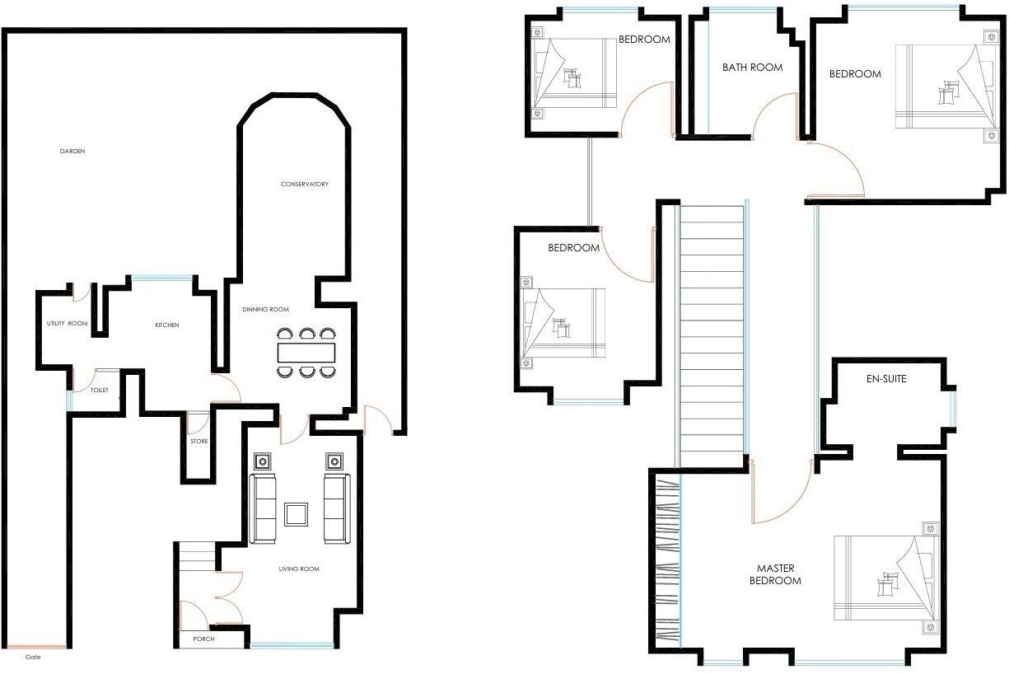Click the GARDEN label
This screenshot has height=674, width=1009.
72,152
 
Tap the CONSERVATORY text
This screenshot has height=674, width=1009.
305,184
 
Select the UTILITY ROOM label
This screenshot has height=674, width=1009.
68,324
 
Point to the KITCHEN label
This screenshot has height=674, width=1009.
167,325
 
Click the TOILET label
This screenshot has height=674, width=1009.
100,390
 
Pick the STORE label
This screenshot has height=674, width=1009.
199,442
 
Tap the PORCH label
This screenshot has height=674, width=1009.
203,639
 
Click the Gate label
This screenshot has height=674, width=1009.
33,657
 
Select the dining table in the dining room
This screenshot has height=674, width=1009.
306,353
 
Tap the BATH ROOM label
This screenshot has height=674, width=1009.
752,68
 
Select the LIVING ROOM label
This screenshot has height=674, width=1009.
299,569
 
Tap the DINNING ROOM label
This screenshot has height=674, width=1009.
265,310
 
